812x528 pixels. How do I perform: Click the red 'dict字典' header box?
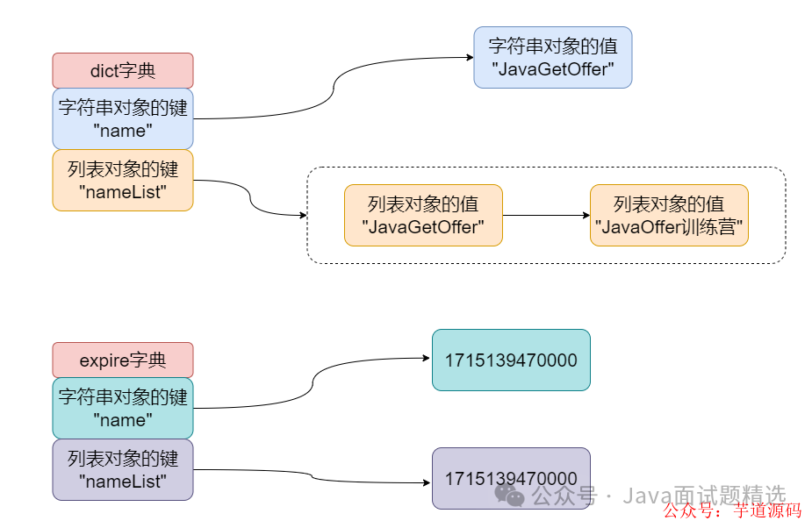click(122, 71)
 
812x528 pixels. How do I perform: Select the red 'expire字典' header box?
click(122, 360)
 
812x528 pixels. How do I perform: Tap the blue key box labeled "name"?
click(122, 119)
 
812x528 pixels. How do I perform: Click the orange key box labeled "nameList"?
click(122, 181)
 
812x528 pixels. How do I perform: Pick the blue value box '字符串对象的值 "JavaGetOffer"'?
click(552, 58)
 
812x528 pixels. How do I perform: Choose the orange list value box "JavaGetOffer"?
click(423, 216)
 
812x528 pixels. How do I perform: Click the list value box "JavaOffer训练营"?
click(669, 216)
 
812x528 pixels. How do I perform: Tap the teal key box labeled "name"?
click(122, 409)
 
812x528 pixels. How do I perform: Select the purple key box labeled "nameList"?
click(122, 470)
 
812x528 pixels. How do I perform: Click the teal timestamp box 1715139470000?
click(511, 360)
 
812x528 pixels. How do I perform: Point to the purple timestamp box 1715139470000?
click(511, 478)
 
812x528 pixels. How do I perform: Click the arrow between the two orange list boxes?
click(546, 216)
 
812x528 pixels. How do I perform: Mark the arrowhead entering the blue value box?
click(469, 58)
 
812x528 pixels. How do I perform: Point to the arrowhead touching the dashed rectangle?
click(302, 216)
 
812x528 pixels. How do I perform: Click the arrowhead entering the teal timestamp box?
click(427, 359)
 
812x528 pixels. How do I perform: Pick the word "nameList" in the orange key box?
click(122, 192)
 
